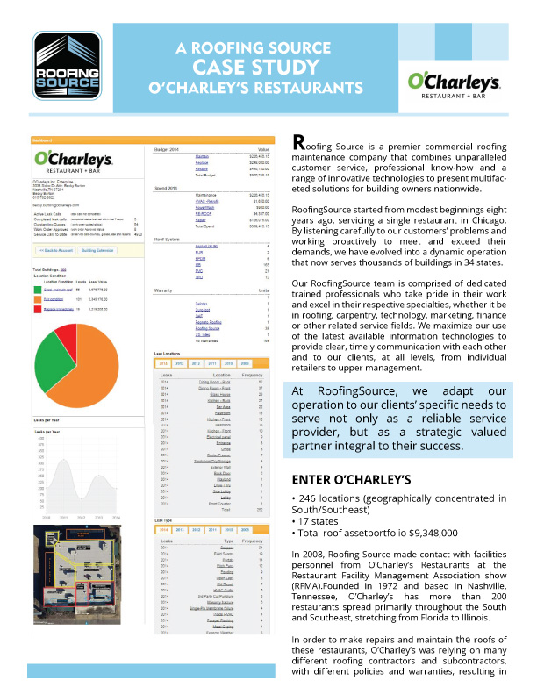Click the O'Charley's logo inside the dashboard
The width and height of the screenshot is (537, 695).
(74, 161)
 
